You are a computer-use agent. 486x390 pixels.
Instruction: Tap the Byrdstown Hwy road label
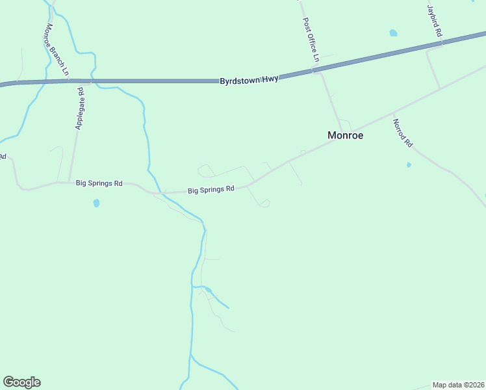tap(249, 80)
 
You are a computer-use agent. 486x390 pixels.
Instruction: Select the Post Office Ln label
tap(311, 40)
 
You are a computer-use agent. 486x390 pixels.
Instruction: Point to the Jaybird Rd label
tap(435, 21)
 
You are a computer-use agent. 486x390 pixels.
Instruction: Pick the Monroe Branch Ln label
tap(56, 51)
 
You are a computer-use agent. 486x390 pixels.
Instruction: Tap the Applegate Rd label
tap(79, 109)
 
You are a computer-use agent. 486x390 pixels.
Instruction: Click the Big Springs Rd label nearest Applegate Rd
tap(99, 184)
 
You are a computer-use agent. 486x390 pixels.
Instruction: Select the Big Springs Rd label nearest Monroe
tap(211, 190)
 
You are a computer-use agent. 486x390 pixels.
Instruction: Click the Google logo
tap(21, 382)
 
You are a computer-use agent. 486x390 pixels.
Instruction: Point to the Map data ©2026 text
tap(459, 385)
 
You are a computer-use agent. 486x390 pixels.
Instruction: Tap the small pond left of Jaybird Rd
tap(393, 32)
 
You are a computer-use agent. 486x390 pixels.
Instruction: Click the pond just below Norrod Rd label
tap(409, 165)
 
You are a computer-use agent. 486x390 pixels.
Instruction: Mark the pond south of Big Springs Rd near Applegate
tap(97, 203)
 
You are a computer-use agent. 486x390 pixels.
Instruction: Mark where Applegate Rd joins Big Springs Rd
tap(69, 183)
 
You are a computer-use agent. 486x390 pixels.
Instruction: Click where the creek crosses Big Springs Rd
tap(156, 192)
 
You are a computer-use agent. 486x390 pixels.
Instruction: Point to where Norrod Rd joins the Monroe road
tap(392, 112)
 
